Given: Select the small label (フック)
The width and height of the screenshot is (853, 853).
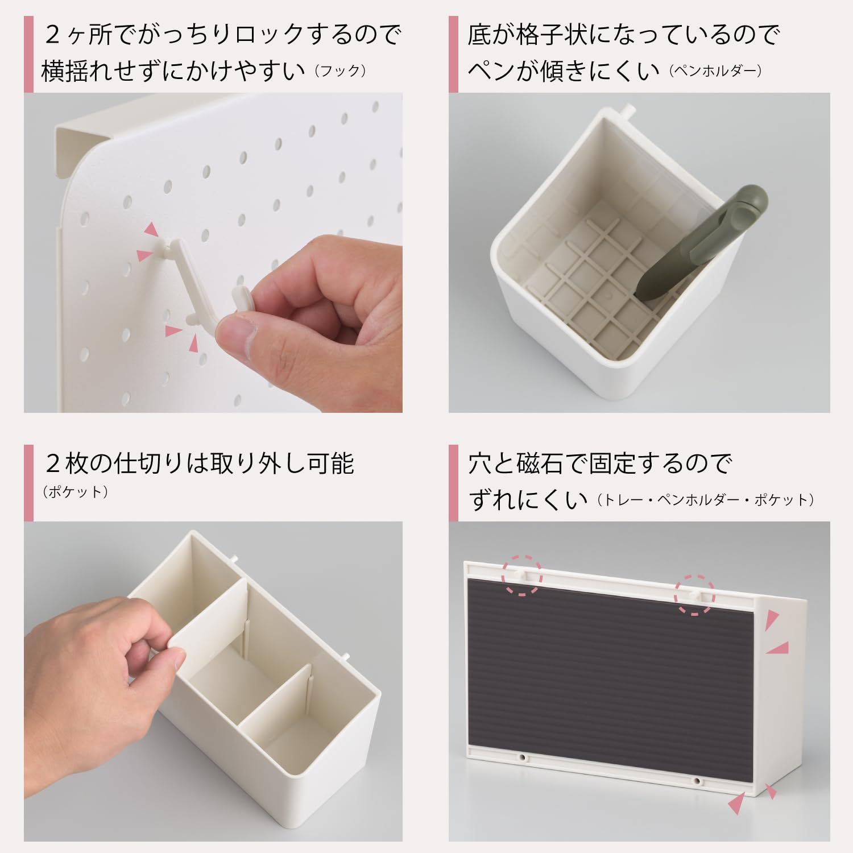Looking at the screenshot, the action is pyautogui.click(x=339, y=71).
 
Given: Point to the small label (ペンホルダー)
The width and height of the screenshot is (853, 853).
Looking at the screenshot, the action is pyautogui.click(x=715, y=71).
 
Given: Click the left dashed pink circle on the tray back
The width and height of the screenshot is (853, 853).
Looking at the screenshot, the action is pyautogui.click(x=522, y=575).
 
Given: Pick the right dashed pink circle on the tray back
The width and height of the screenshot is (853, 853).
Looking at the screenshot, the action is pyautogui.click(x=694, y=594).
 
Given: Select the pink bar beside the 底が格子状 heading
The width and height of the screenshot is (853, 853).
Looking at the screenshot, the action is pyautogui.click(x=453, y=54).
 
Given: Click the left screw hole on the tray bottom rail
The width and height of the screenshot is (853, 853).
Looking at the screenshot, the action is pyautogui.click(x=522, y=757).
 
